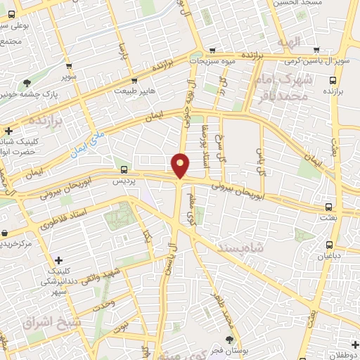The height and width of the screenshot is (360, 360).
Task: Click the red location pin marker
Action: tap(181, 165)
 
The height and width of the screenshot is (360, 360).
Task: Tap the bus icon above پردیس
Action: tap(124, 169)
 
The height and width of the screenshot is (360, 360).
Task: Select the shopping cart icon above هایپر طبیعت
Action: tap(134, 79)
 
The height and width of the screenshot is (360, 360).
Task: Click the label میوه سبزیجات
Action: tap(214, 62)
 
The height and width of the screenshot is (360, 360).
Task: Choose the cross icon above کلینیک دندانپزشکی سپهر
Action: tap(59, 260)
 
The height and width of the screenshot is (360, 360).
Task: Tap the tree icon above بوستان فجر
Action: tap(229, 340)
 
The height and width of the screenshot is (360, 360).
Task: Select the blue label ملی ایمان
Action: tap(88, 140)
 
